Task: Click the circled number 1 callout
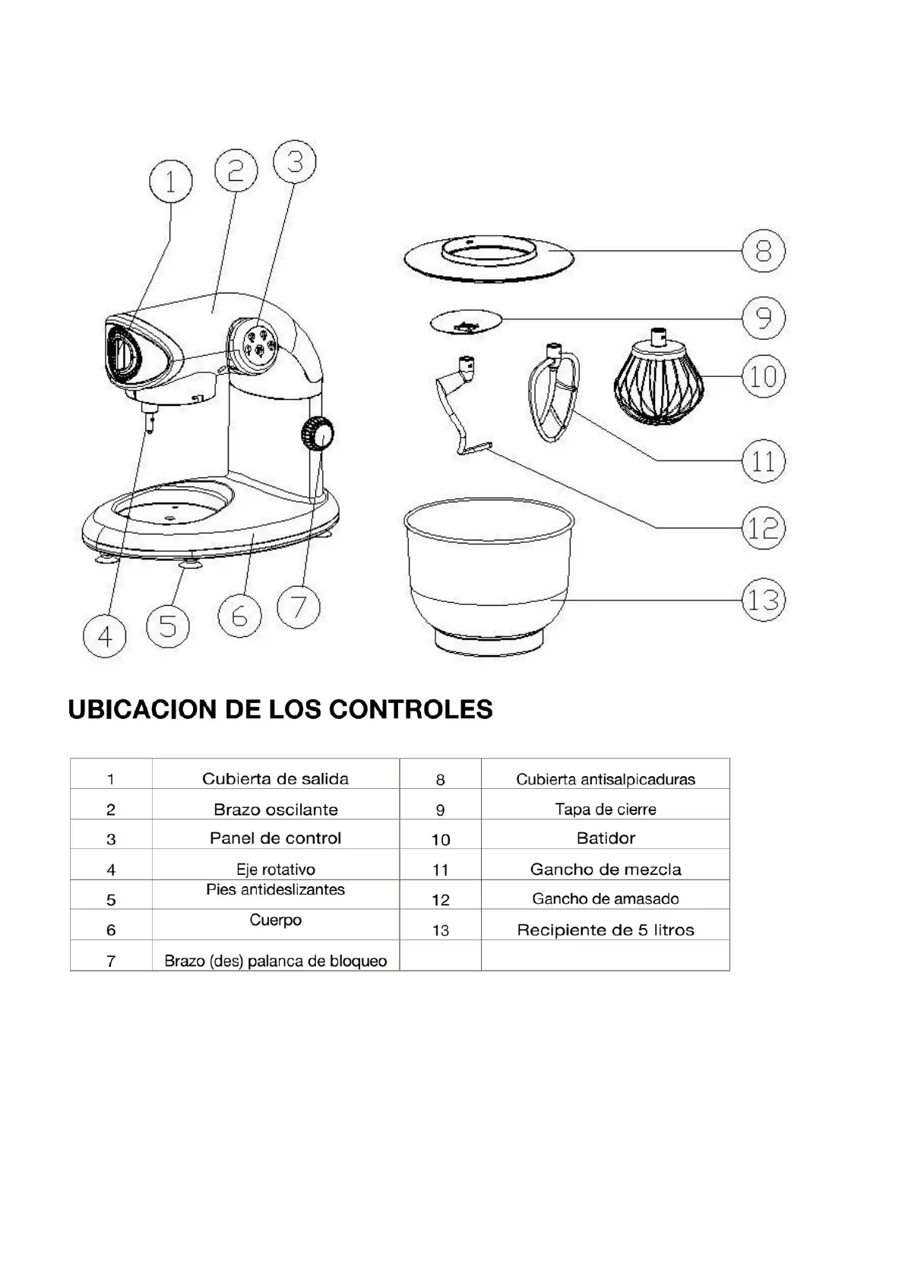(170, 182)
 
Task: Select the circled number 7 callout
(299, 607)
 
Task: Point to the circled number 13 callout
(763, 600)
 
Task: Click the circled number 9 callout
(763, 318)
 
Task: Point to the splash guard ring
(487, 258)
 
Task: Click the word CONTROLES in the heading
(411, 709)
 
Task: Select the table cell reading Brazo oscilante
(275, 810)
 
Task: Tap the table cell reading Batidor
(606, 838)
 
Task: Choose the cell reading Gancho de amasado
(606, 898)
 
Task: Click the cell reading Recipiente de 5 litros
(606, 930)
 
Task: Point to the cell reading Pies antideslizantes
(275, 889)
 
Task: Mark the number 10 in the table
(441, 840)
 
